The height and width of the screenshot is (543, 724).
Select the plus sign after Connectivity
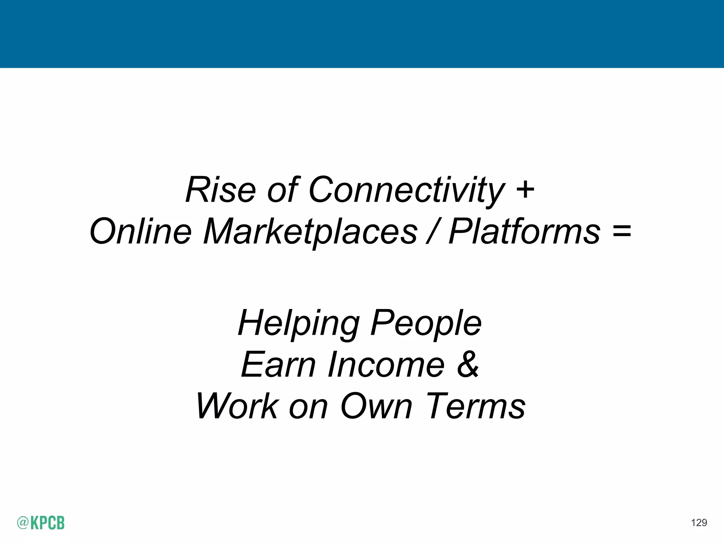click(x=525, y=189)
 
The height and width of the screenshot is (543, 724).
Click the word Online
click(x=141, y=231)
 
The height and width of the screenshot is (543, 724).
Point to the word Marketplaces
click(x=310, y=231)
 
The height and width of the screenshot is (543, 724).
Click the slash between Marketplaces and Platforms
click(x=432, y=231)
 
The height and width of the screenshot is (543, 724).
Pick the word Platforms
click(x=524, y=231)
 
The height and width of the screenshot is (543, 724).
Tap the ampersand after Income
click(x=468, y=364)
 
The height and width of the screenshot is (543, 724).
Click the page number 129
click(x=699, y=523)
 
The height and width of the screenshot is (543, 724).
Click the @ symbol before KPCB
click(x=23, y=523)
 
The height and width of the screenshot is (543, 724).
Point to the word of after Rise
click(x=282, y=190)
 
